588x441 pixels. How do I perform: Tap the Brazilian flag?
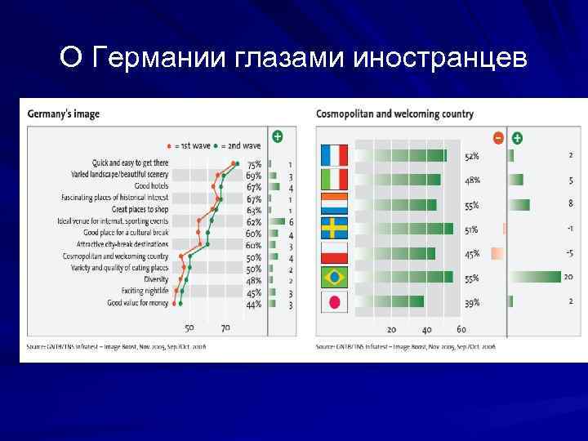pos(335,278)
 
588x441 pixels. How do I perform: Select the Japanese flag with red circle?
pos(335,302)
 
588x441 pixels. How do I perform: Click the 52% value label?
pos(472,156)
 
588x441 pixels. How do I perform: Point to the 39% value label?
pos(472,303)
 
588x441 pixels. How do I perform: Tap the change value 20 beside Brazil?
pos(568,278)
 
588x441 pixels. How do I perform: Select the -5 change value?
pos(568,253)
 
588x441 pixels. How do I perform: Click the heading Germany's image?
pos(64,114)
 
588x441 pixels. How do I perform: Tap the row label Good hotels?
pos(152,186)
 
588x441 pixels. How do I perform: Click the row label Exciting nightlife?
pos(145,291)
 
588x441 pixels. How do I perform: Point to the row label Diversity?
pos(156,279)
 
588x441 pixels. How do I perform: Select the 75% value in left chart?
pos(254,164)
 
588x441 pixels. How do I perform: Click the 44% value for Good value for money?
pos(254,304)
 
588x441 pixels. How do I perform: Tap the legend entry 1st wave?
pos(190,145)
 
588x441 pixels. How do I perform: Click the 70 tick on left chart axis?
pos(225,328)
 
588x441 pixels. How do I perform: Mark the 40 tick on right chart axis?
pos(426,330)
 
